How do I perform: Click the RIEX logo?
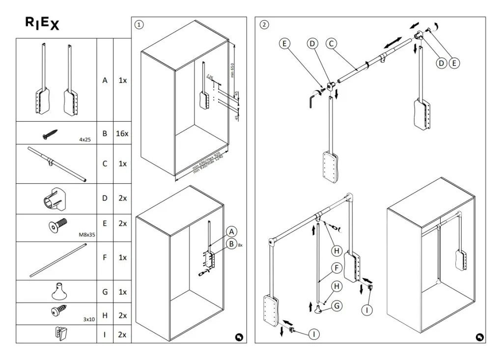(42, 24)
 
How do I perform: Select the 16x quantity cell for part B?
(122, 133)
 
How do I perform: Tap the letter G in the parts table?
(105, 292)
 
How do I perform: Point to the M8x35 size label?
(86, 235)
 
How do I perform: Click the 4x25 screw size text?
(85, 139)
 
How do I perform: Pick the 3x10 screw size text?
(88, 319)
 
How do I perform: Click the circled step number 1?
(140, 24)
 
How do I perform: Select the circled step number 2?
(265, 25)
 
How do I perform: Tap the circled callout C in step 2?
(331, 44)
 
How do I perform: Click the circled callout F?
(336, 268)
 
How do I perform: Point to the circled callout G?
(336, 305)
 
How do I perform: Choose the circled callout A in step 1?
(231, 232)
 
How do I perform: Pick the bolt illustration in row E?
(57, 226)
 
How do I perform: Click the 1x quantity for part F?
(122, 257)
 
